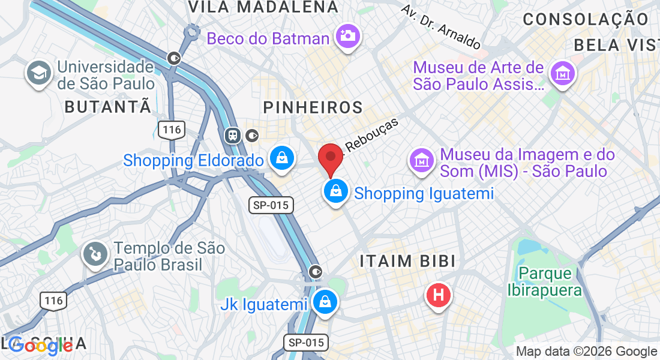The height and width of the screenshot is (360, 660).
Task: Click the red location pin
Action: (x=330, y=158)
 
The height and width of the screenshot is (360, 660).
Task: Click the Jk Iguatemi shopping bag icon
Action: (x=325, y=302)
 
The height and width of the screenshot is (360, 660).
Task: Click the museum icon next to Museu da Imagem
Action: (x=422, y=161)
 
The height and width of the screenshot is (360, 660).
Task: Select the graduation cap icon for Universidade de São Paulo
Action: (x=38, y=74)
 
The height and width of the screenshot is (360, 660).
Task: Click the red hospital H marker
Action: (x=439, y=295)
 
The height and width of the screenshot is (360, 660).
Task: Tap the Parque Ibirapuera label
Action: (x=545, y=282)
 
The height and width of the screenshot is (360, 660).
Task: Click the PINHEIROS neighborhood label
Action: (x=313, y=108)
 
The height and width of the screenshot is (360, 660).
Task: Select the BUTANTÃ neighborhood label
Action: (x=107, y=107)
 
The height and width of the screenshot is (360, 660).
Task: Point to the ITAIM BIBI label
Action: (x=407, y=261)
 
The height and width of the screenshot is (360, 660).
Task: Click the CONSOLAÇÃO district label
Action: (x=586, y=19)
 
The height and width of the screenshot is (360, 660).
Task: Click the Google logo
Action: (x=41, y=345)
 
